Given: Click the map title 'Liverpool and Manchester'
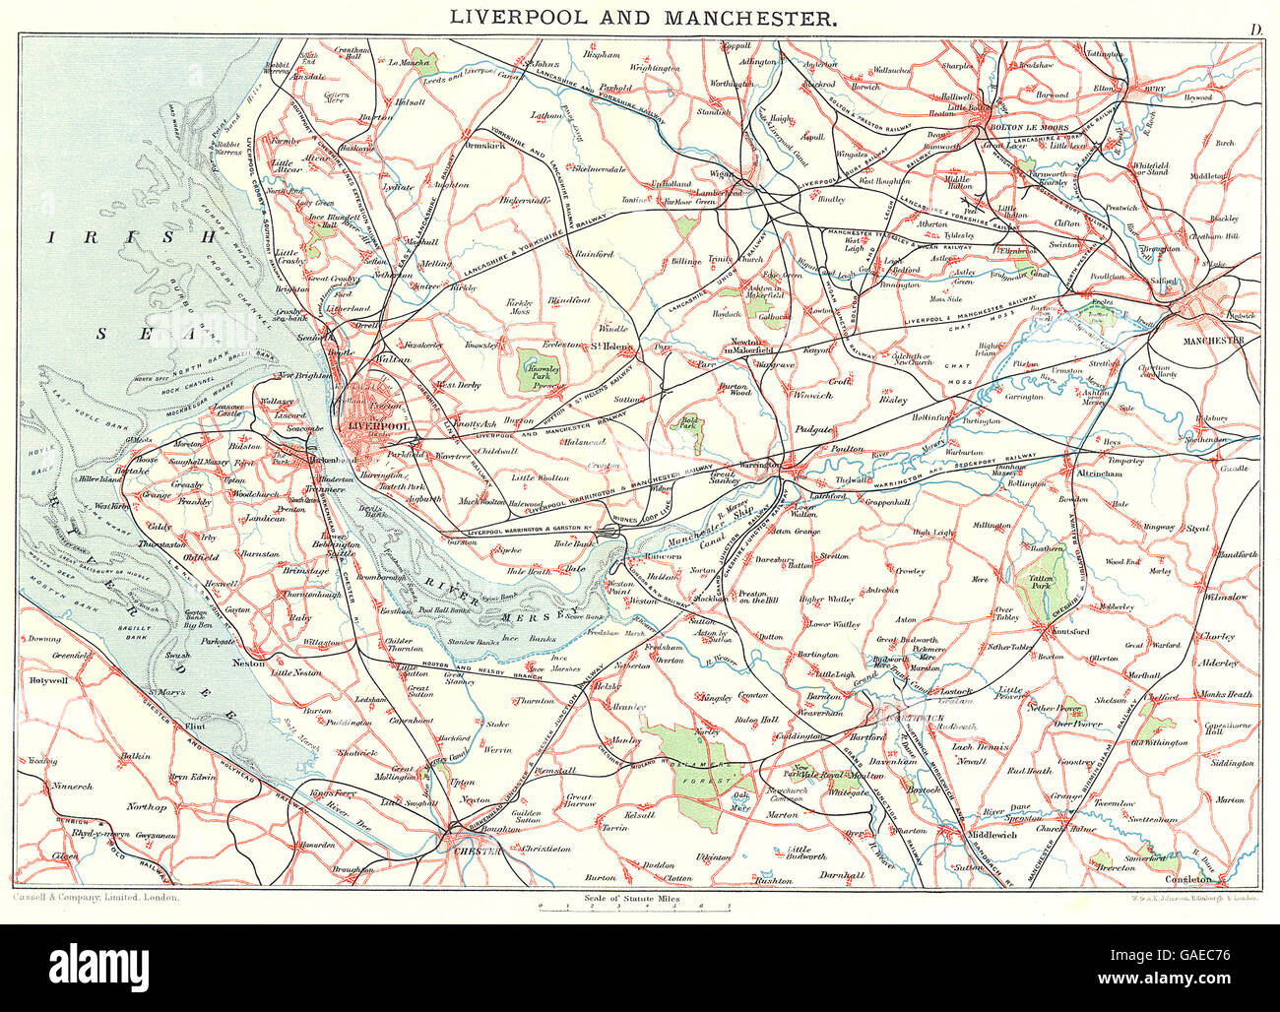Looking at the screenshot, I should coord(645,17).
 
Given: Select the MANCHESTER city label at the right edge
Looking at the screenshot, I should coord(1210,341).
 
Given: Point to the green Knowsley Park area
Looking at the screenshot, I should coord(541,368).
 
